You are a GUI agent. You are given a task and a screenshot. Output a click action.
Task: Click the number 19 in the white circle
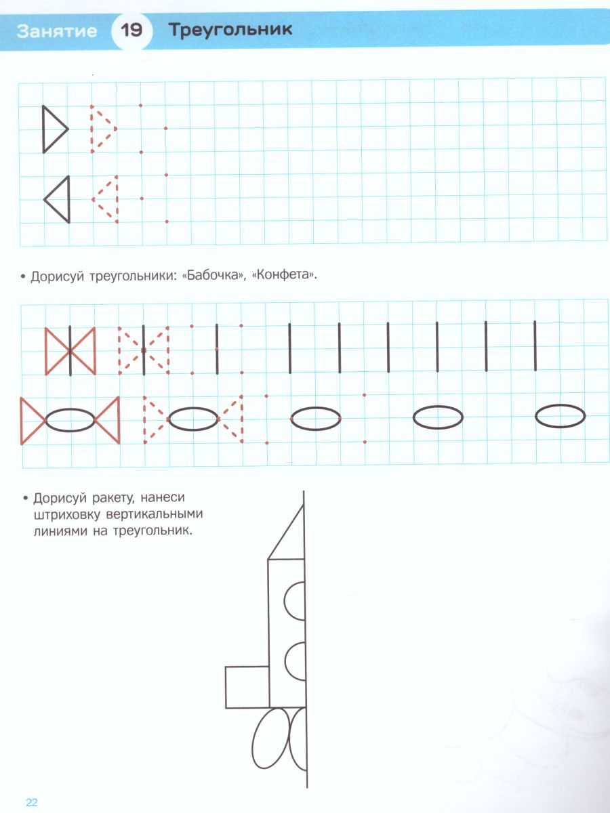(x=131, y=30)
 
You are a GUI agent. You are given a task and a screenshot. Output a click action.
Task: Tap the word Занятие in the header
(x=57, y=31)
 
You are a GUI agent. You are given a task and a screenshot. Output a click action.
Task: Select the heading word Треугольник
(x=230, y=30)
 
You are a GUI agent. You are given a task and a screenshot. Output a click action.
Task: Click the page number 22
(x=32, y=802)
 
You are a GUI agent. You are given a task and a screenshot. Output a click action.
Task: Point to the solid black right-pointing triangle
(x=43, y=129)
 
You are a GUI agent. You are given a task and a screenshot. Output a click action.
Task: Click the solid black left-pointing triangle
(x=68, y=199)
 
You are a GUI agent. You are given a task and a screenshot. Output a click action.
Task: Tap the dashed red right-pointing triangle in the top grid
(x=92, y=129)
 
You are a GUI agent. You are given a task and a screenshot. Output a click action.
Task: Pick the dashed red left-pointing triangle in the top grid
(x=117, y=199)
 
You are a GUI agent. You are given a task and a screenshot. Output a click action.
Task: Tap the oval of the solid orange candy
(x=70, y=409)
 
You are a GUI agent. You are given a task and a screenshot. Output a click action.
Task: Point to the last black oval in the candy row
(x=560, y=405)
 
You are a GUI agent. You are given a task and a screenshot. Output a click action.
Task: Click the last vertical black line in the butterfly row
(x=535, y=346)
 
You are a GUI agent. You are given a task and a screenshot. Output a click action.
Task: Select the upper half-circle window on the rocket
(x=285, y=601)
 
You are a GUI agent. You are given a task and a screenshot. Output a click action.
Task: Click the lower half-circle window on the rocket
(x=285, y=661)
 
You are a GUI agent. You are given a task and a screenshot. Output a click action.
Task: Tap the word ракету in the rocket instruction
(x=113, y=498)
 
